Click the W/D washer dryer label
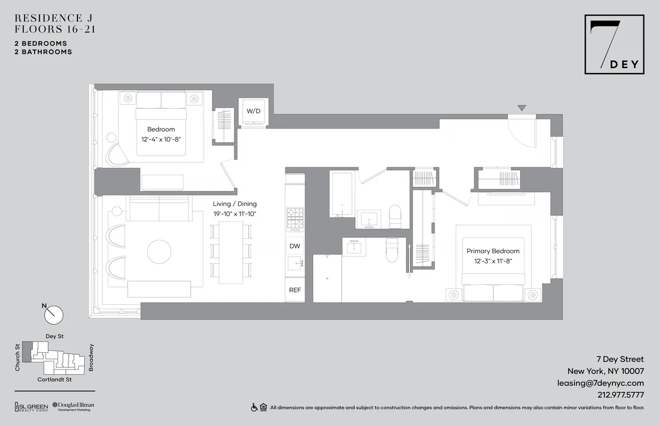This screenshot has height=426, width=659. pos(253,111)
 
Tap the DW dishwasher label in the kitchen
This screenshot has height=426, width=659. pos(295,246)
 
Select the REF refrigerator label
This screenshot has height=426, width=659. pos(295,290)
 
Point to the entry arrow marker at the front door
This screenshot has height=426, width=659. pos(522,108)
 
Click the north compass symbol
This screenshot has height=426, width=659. pos(54,315)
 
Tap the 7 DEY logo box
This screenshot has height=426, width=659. pos(614,44)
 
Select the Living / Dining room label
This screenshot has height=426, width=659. pos(235,204)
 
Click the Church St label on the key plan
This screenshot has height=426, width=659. pos(18,357)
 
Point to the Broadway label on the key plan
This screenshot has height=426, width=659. pos(91,357)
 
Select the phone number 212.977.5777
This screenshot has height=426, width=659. pos(620,395)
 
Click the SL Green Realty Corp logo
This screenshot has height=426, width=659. pos(31,407)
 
